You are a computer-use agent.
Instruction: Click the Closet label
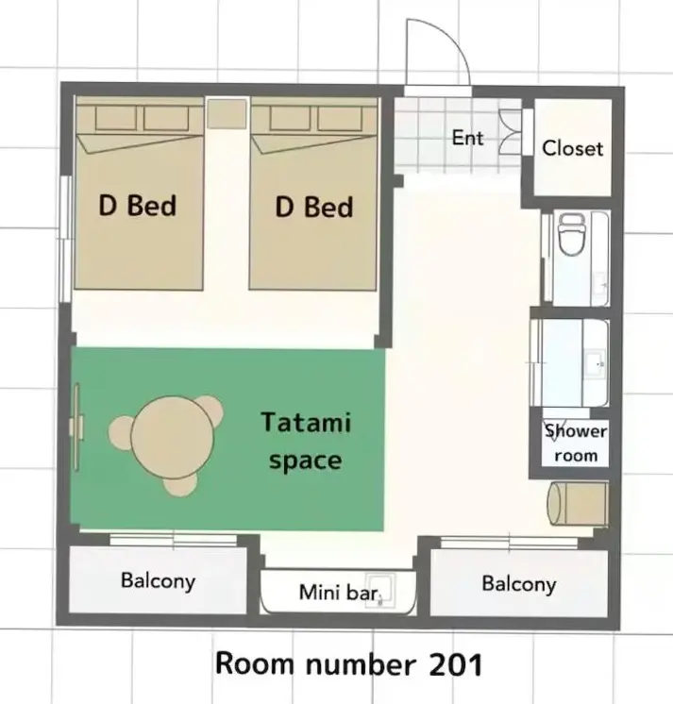tap(572, 148)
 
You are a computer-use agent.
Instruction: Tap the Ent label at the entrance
tap(467, 138)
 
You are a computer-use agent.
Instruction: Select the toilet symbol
tap(572, 234)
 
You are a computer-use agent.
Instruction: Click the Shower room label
tap(576, 444)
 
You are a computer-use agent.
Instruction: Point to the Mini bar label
tap(339, 593)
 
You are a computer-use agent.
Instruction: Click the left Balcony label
tap(158, 581)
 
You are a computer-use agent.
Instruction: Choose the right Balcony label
tap(519, 584)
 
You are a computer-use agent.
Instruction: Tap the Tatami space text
tap(306, 442)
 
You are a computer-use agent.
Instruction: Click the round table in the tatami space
tap(173, 437)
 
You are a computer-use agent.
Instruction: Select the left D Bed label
tap(138, 206)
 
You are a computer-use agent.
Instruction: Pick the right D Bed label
tap(314, 207)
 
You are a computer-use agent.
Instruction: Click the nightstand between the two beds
tap(227, 113)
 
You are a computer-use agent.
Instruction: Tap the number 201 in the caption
tap(456, 664)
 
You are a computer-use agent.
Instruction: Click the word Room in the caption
tap(254, 663)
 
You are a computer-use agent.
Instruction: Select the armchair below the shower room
tap(578, 503)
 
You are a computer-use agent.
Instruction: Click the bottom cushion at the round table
tap(180, 486)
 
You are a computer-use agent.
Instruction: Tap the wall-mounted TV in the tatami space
tap(76, 427)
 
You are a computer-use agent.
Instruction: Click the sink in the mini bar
tap(379, 591)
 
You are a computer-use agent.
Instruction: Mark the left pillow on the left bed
tap(116, 119)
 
